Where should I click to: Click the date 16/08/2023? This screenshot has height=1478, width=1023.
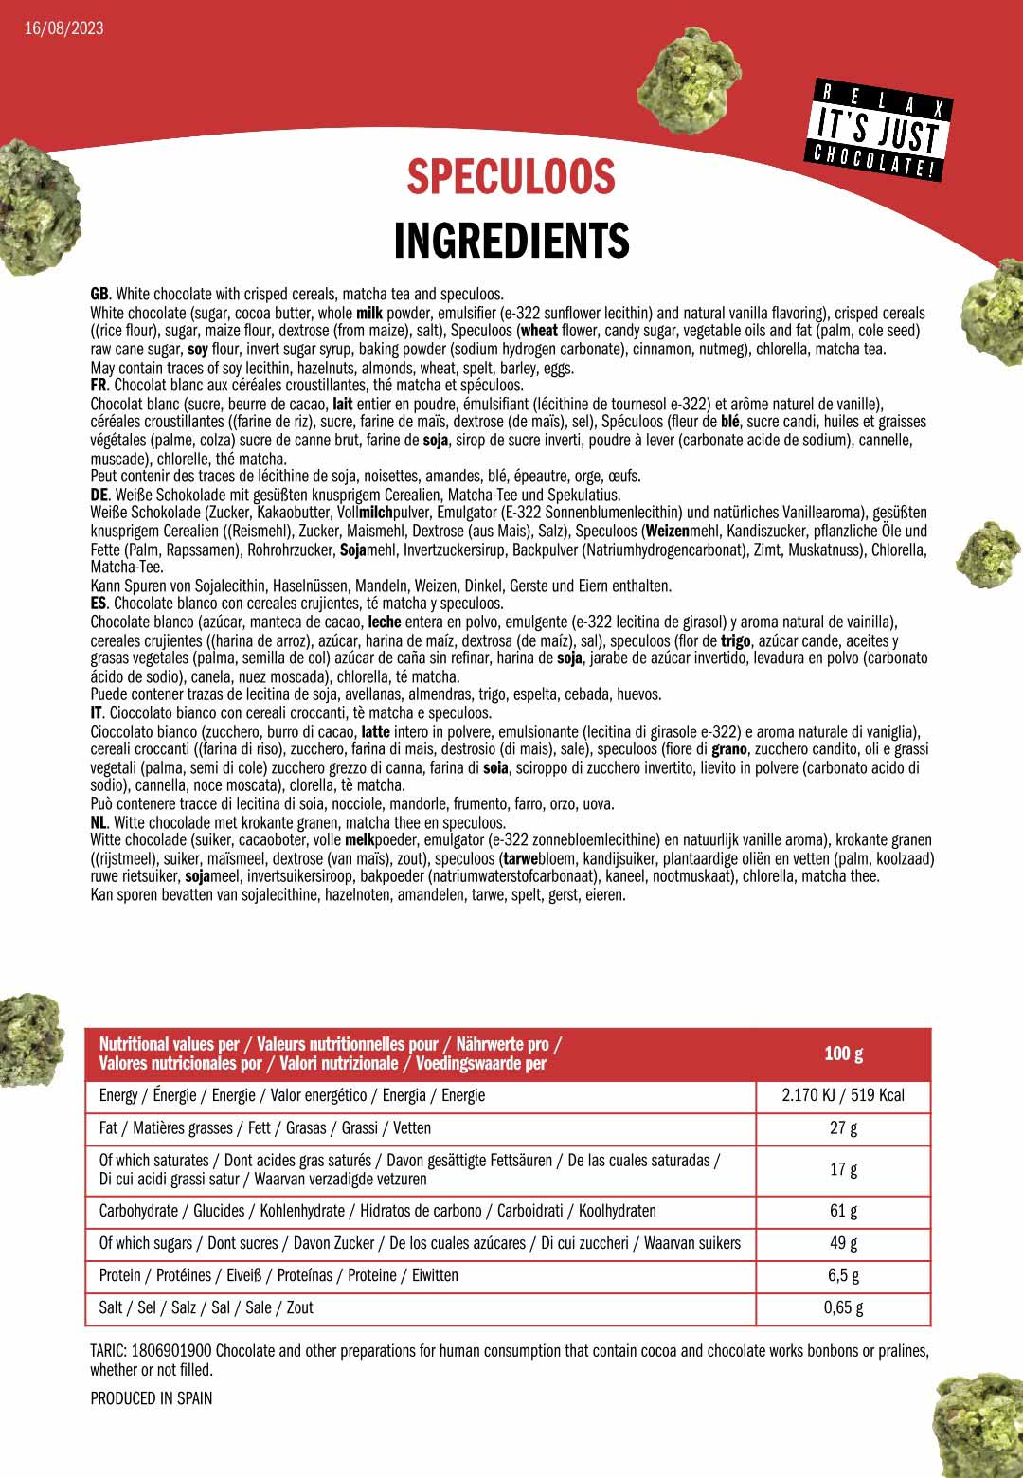(64, 27)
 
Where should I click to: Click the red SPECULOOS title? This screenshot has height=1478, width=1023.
(511, 177)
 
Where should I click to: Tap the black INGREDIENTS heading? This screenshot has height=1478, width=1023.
(511, 241)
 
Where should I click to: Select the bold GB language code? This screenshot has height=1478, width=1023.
(99, 295)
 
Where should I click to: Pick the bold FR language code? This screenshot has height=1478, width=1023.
(99, 386)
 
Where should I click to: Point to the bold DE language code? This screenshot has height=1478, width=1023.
(99, 495)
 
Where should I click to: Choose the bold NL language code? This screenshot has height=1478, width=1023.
(99, 822)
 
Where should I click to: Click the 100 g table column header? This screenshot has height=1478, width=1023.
(843, 1054)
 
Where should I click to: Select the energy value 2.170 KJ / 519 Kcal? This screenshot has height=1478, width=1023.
(843, 1095)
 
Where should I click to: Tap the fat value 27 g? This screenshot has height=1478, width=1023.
(843, 1128)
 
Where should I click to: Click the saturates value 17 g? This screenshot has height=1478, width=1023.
(843, 1169)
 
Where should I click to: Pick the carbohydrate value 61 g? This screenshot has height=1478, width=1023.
(843, 1211)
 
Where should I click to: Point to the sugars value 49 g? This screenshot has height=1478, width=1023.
(843, 1243)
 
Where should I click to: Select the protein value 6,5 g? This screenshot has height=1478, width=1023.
(843, 1275)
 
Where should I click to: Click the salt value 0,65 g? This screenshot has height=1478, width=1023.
(843, 1307)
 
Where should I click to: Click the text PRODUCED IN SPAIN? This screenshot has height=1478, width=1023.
(152, 1398)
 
